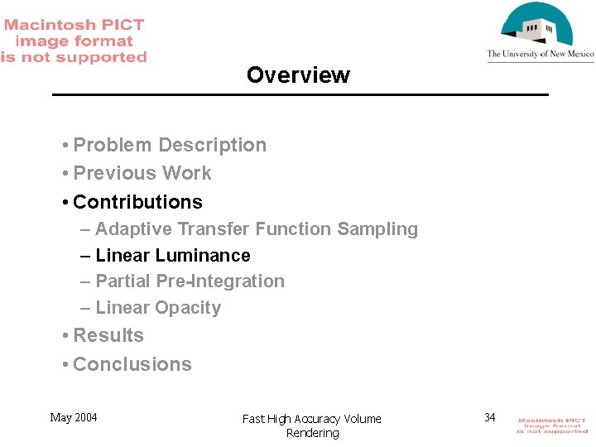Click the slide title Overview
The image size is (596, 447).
(298, 75)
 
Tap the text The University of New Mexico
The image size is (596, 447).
(541, 55)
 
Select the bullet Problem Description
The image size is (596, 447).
(170, 145)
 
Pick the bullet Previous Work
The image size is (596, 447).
(142, 173)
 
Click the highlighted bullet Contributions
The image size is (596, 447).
(137, 202)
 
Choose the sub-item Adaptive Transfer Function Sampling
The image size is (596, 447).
(257, 228)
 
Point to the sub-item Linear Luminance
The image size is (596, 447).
(173, 255)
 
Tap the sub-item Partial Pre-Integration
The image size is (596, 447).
(190, 281)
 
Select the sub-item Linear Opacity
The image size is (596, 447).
(158, 308)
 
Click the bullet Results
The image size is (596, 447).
(108, 335)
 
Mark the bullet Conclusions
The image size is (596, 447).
(132, 364)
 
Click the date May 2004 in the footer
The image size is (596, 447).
(74, 417)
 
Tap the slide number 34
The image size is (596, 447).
(490, 417)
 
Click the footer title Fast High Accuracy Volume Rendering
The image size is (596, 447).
(312, 425)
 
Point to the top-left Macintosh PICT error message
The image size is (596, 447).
(74, 41)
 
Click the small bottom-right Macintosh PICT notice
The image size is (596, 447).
(552, 425)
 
